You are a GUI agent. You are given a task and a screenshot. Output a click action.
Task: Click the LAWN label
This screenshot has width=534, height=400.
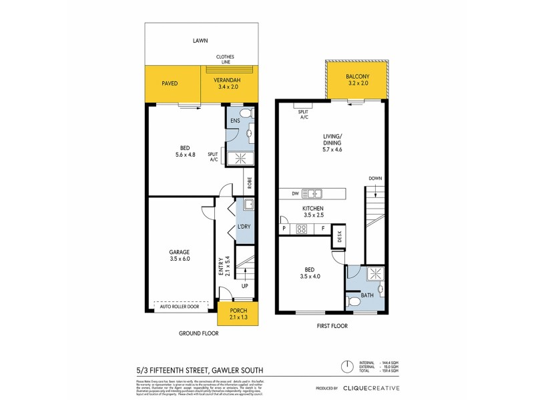[200, 41]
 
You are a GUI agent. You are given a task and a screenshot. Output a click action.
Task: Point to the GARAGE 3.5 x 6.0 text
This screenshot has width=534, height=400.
[180, 255]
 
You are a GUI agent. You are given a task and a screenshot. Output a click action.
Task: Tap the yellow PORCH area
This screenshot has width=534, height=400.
[238, 313]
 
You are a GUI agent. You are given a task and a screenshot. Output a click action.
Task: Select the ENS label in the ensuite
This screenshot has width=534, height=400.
[235, 121]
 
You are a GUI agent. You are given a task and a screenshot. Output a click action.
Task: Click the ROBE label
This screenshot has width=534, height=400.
[248, 181]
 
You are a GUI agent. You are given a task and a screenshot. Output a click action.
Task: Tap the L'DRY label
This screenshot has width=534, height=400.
[244, 227]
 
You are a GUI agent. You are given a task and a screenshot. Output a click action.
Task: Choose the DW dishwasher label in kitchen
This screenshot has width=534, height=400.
[294, 194]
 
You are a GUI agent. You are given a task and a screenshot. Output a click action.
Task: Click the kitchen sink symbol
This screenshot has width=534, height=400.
[312, 194]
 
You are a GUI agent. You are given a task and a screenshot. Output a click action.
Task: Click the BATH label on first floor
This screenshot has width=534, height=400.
[366, 295]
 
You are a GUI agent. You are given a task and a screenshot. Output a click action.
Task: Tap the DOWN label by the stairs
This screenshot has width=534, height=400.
[374, 179]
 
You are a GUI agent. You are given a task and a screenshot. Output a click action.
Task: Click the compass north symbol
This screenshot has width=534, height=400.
[347, 366]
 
